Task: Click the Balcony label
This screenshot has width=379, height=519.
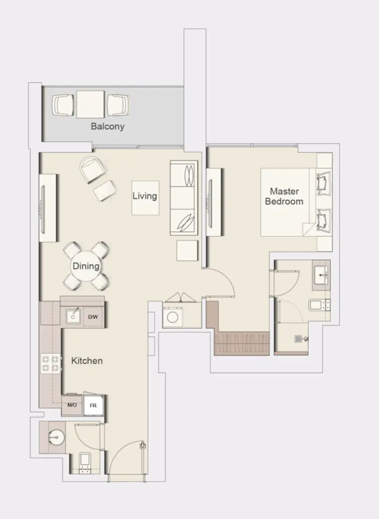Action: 108,126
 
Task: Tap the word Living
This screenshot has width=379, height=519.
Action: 145,196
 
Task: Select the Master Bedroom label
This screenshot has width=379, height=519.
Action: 284,196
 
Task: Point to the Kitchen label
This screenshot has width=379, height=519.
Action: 87,361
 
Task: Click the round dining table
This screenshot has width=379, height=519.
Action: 86,266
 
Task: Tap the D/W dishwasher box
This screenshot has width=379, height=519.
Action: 93,317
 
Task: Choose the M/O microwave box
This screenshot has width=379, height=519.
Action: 72,405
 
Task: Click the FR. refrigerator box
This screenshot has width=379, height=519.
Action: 93,405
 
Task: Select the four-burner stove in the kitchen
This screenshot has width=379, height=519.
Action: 51,363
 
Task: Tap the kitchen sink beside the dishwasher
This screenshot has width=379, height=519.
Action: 73,316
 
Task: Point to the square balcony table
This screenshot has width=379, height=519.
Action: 90,104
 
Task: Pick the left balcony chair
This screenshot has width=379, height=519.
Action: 63,105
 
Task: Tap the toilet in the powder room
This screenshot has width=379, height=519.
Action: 85,462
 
